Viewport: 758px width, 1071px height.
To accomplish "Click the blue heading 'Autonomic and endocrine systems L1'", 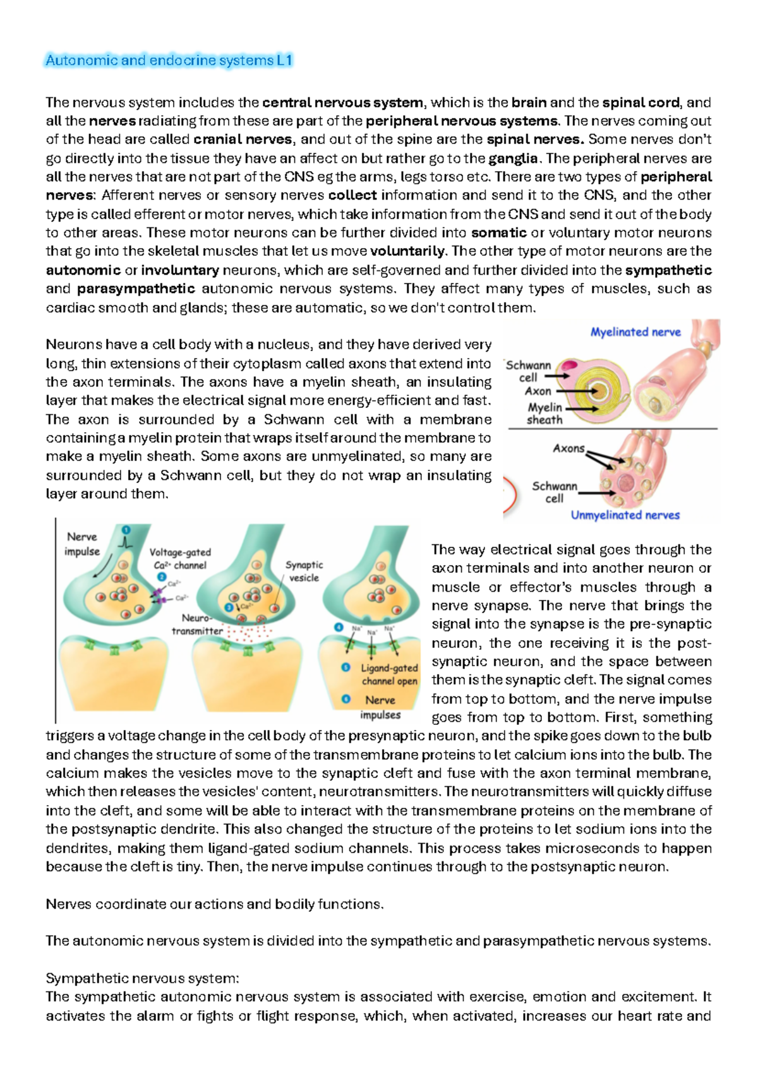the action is tap(169, 61).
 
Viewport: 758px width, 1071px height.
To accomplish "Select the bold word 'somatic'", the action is tap(499, 232).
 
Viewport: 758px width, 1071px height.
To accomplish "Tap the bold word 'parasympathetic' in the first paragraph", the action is tap(136, 289).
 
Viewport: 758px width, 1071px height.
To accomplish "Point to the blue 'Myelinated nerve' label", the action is tap(635, 332).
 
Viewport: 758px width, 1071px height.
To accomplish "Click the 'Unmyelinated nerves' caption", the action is tap(625, 515).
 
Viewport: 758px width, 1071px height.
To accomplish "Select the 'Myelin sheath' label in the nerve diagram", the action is tap(544, 414).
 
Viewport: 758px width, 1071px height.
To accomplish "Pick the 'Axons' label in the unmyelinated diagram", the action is tap(568, 448).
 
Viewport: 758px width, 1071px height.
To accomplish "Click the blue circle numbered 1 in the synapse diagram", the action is tap(126, 530).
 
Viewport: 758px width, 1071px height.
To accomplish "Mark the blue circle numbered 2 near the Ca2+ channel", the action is tap(162, 577).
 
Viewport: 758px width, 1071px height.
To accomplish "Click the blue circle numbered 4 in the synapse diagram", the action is tap(339, 627).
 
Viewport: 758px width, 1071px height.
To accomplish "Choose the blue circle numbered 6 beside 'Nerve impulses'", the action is tap(346, 699).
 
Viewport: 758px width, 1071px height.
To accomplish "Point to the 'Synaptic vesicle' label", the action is tap(304, 571).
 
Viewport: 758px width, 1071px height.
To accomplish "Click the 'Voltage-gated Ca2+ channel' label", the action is tap(180, 558).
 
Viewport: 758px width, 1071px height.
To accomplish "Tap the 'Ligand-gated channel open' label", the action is tap(389, 674).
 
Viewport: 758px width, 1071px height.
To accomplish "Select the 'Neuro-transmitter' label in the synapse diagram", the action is tap(197, 625).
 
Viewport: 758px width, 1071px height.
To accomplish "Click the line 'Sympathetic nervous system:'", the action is tap(143, 978).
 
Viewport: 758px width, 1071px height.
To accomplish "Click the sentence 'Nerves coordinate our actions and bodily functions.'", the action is tap(215, 904).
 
